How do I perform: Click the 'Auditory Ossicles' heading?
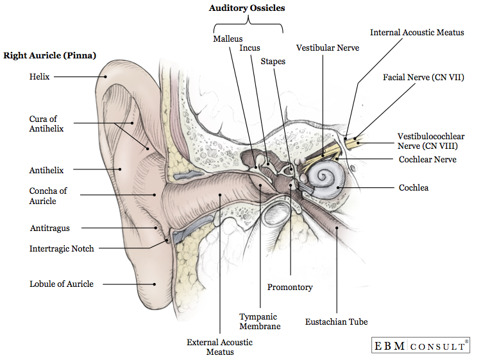pyautogui.click(x=247, y=8)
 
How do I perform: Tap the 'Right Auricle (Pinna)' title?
pyautogui.click(x=50, y=56)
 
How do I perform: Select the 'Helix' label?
pyautogui.click(x=39, y=76)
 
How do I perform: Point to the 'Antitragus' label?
pyautogui.click(x=50, y=228)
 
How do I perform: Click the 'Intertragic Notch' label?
pyautogui.click(x=62, y=248)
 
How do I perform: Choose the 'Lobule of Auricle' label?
pyautogui.click(x=62, y=284)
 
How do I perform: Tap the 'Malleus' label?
pyautogui.click(x=228, y=39)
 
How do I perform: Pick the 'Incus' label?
pyautogui.click(x=249, y=48)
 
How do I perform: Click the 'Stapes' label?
pyautogui.click(x=273, y=62)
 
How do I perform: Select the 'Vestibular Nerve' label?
pyautogui.click(x=328, y=48)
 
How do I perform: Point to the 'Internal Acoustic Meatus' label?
pyautogui.click(x=417, y=32)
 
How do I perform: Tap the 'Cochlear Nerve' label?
pyautogui.click(x=427, y=159)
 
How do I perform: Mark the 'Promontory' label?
pyautogui.click(x=290, y=287)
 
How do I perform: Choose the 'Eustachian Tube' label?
pyautogui.click(x=337, y=321)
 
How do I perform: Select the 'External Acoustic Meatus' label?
pyautogui.click(x=220, y=347)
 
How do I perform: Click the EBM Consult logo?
pyautogui.click(x=420, y=346)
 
